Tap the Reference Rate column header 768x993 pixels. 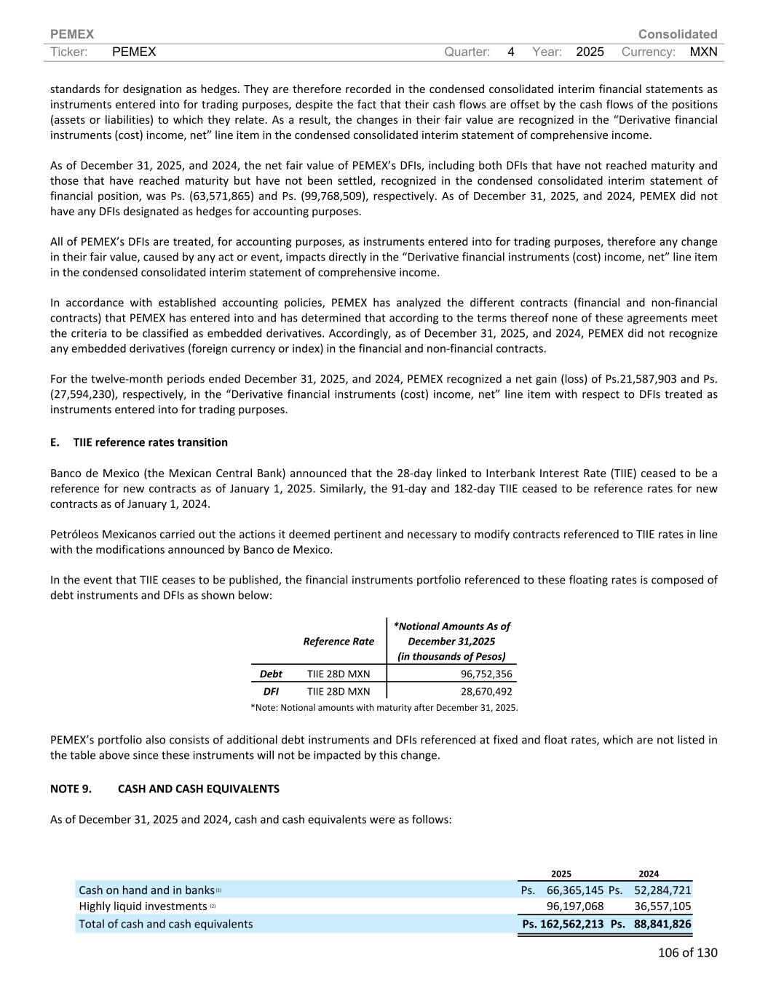pyautogui.click(x=339, y=641)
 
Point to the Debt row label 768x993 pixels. pyautogui.click(x=271, y=674)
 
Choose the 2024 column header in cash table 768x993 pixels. pyautogui.click(x=649, y=874)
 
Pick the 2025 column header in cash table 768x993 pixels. pyautogui.click(x=561, y=874)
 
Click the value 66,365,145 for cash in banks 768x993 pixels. pyautogui.click(x=574, y=890)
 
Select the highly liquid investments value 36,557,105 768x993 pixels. pyautogui.click(x=662, y=906)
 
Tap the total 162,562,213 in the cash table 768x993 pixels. pyautogui.click(x=571, y=924)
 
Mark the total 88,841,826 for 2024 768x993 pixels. pyautogui.click(x=662, y=924)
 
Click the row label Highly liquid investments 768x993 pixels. pyautogui.click(x=143, y=906)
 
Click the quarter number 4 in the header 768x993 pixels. pyautogui.click(x=511, y=52)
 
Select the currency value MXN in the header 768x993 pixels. pyautogui.click(x=702, y=52)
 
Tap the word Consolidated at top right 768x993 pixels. pyautogui.click(x=677, y=34)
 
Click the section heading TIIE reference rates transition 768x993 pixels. pyautogui.click(x=150, y=442)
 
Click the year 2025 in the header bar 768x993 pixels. pyautogui.click(x=590, y=52)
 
